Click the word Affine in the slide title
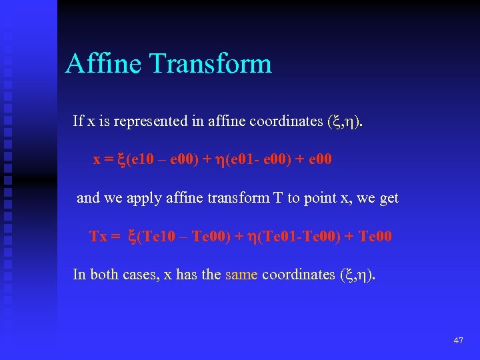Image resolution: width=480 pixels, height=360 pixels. [x=104, y=64]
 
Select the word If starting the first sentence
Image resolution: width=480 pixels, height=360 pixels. [x=78, y=121]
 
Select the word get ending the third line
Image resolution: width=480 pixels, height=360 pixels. [x=388, y=199]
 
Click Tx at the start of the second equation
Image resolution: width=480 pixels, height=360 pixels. [x=98, y=237]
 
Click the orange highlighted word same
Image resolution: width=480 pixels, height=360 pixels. [x=241, y=275]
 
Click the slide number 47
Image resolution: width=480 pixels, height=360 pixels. [x=458, y=341]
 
